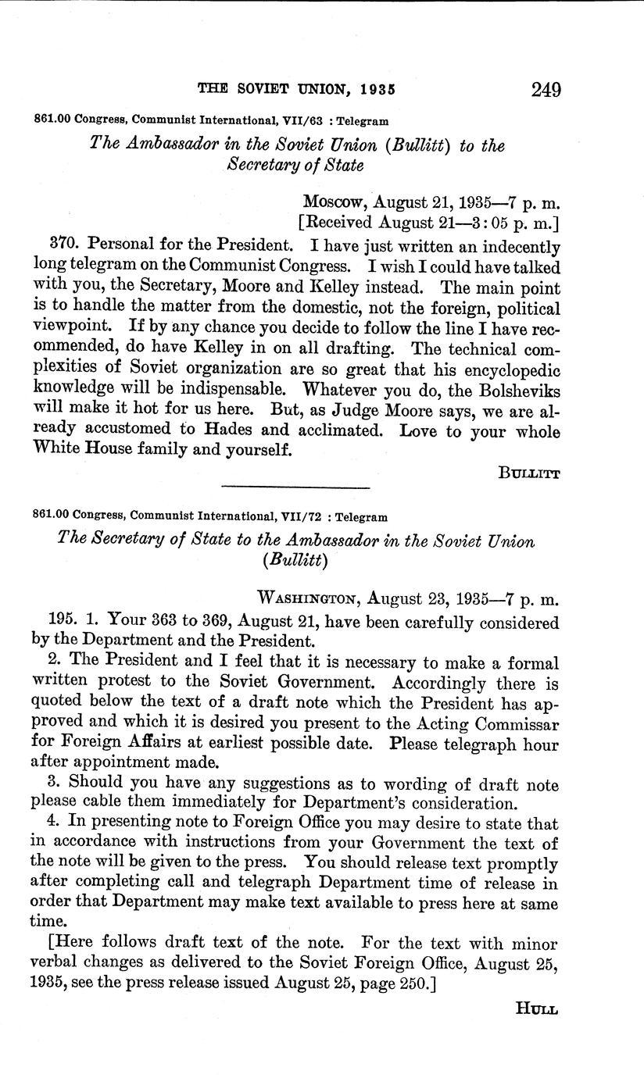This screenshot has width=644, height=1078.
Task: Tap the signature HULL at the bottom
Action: (x=537, y=1009)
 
